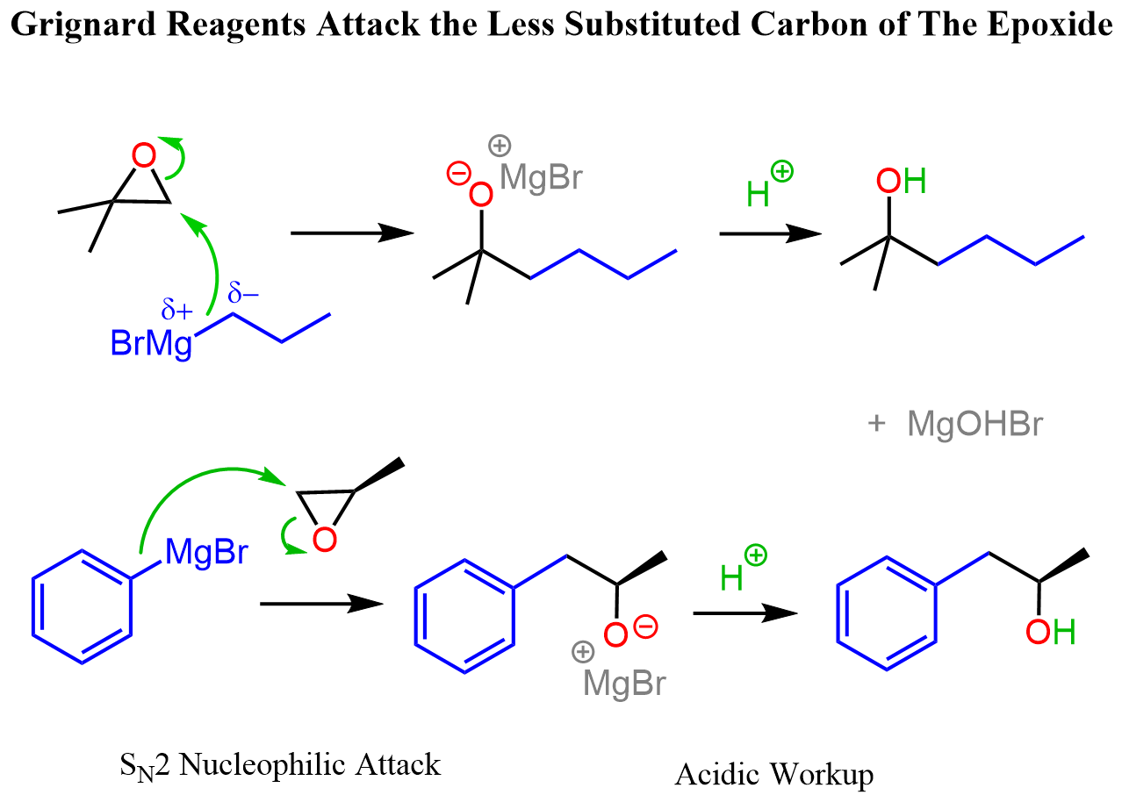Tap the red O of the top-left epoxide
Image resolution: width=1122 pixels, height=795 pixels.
tap(144, 156)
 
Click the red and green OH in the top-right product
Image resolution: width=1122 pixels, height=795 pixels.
tap(902, 183)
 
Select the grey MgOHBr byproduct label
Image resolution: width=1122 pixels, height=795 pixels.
tap(975, 425)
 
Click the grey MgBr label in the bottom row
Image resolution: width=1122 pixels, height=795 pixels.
tap(624, 682)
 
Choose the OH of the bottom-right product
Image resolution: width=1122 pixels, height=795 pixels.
tap(1051, 632)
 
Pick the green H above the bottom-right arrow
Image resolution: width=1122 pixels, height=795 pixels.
tap(732, 577)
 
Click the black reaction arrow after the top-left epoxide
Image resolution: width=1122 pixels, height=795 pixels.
tap(351, 233)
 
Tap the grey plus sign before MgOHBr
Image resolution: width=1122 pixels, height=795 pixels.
tap(875, 425)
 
